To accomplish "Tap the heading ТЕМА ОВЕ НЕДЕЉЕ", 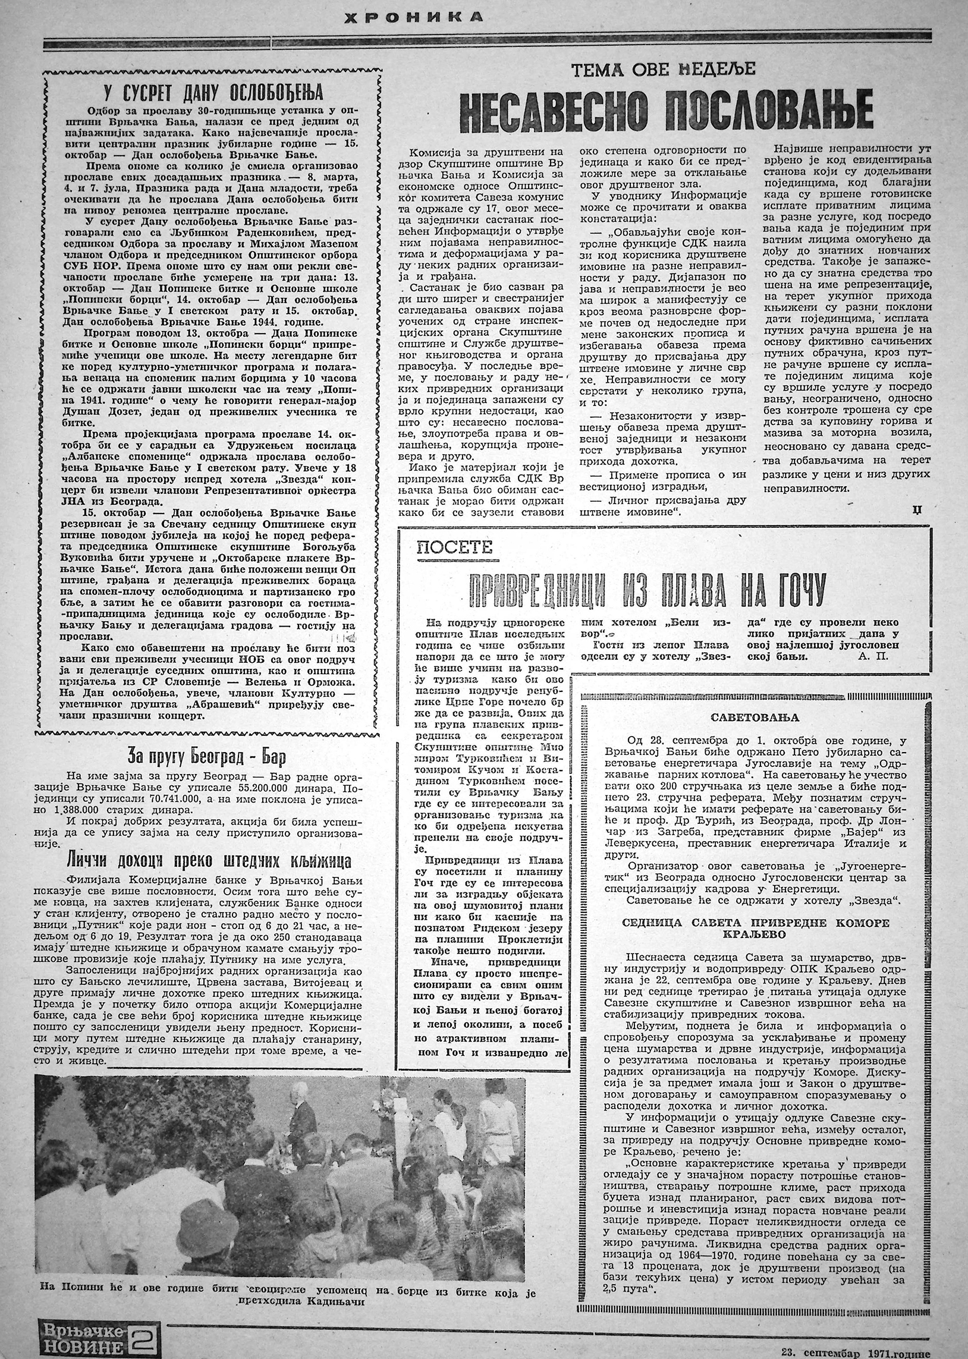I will [x=663, y=70].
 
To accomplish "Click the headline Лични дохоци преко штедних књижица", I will [x=209, y=861].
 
